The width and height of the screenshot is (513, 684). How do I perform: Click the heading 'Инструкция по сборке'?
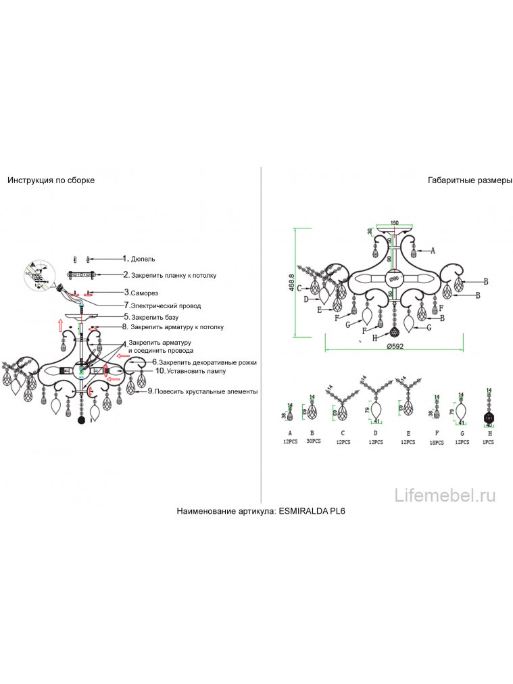[x=51, y=180]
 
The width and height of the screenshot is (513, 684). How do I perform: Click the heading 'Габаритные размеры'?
[x=470, y=180]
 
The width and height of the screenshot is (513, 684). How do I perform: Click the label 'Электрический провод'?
[x=166, y=305]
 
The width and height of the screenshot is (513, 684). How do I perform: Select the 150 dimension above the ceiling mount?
[x=394, y=222]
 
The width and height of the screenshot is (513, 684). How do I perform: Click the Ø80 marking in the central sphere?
[x=394, y=278]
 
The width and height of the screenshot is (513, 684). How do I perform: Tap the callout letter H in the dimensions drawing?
[x=374, y=337]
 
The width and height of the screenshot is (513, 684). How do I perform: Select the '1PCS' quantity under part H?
[x=488, y=441]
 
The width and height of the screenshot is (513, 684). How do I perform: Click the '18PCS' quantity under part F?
[x=436, y=443]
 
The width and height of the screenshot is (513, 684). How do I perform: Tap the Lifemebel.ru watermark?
[x=445, y=495]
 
